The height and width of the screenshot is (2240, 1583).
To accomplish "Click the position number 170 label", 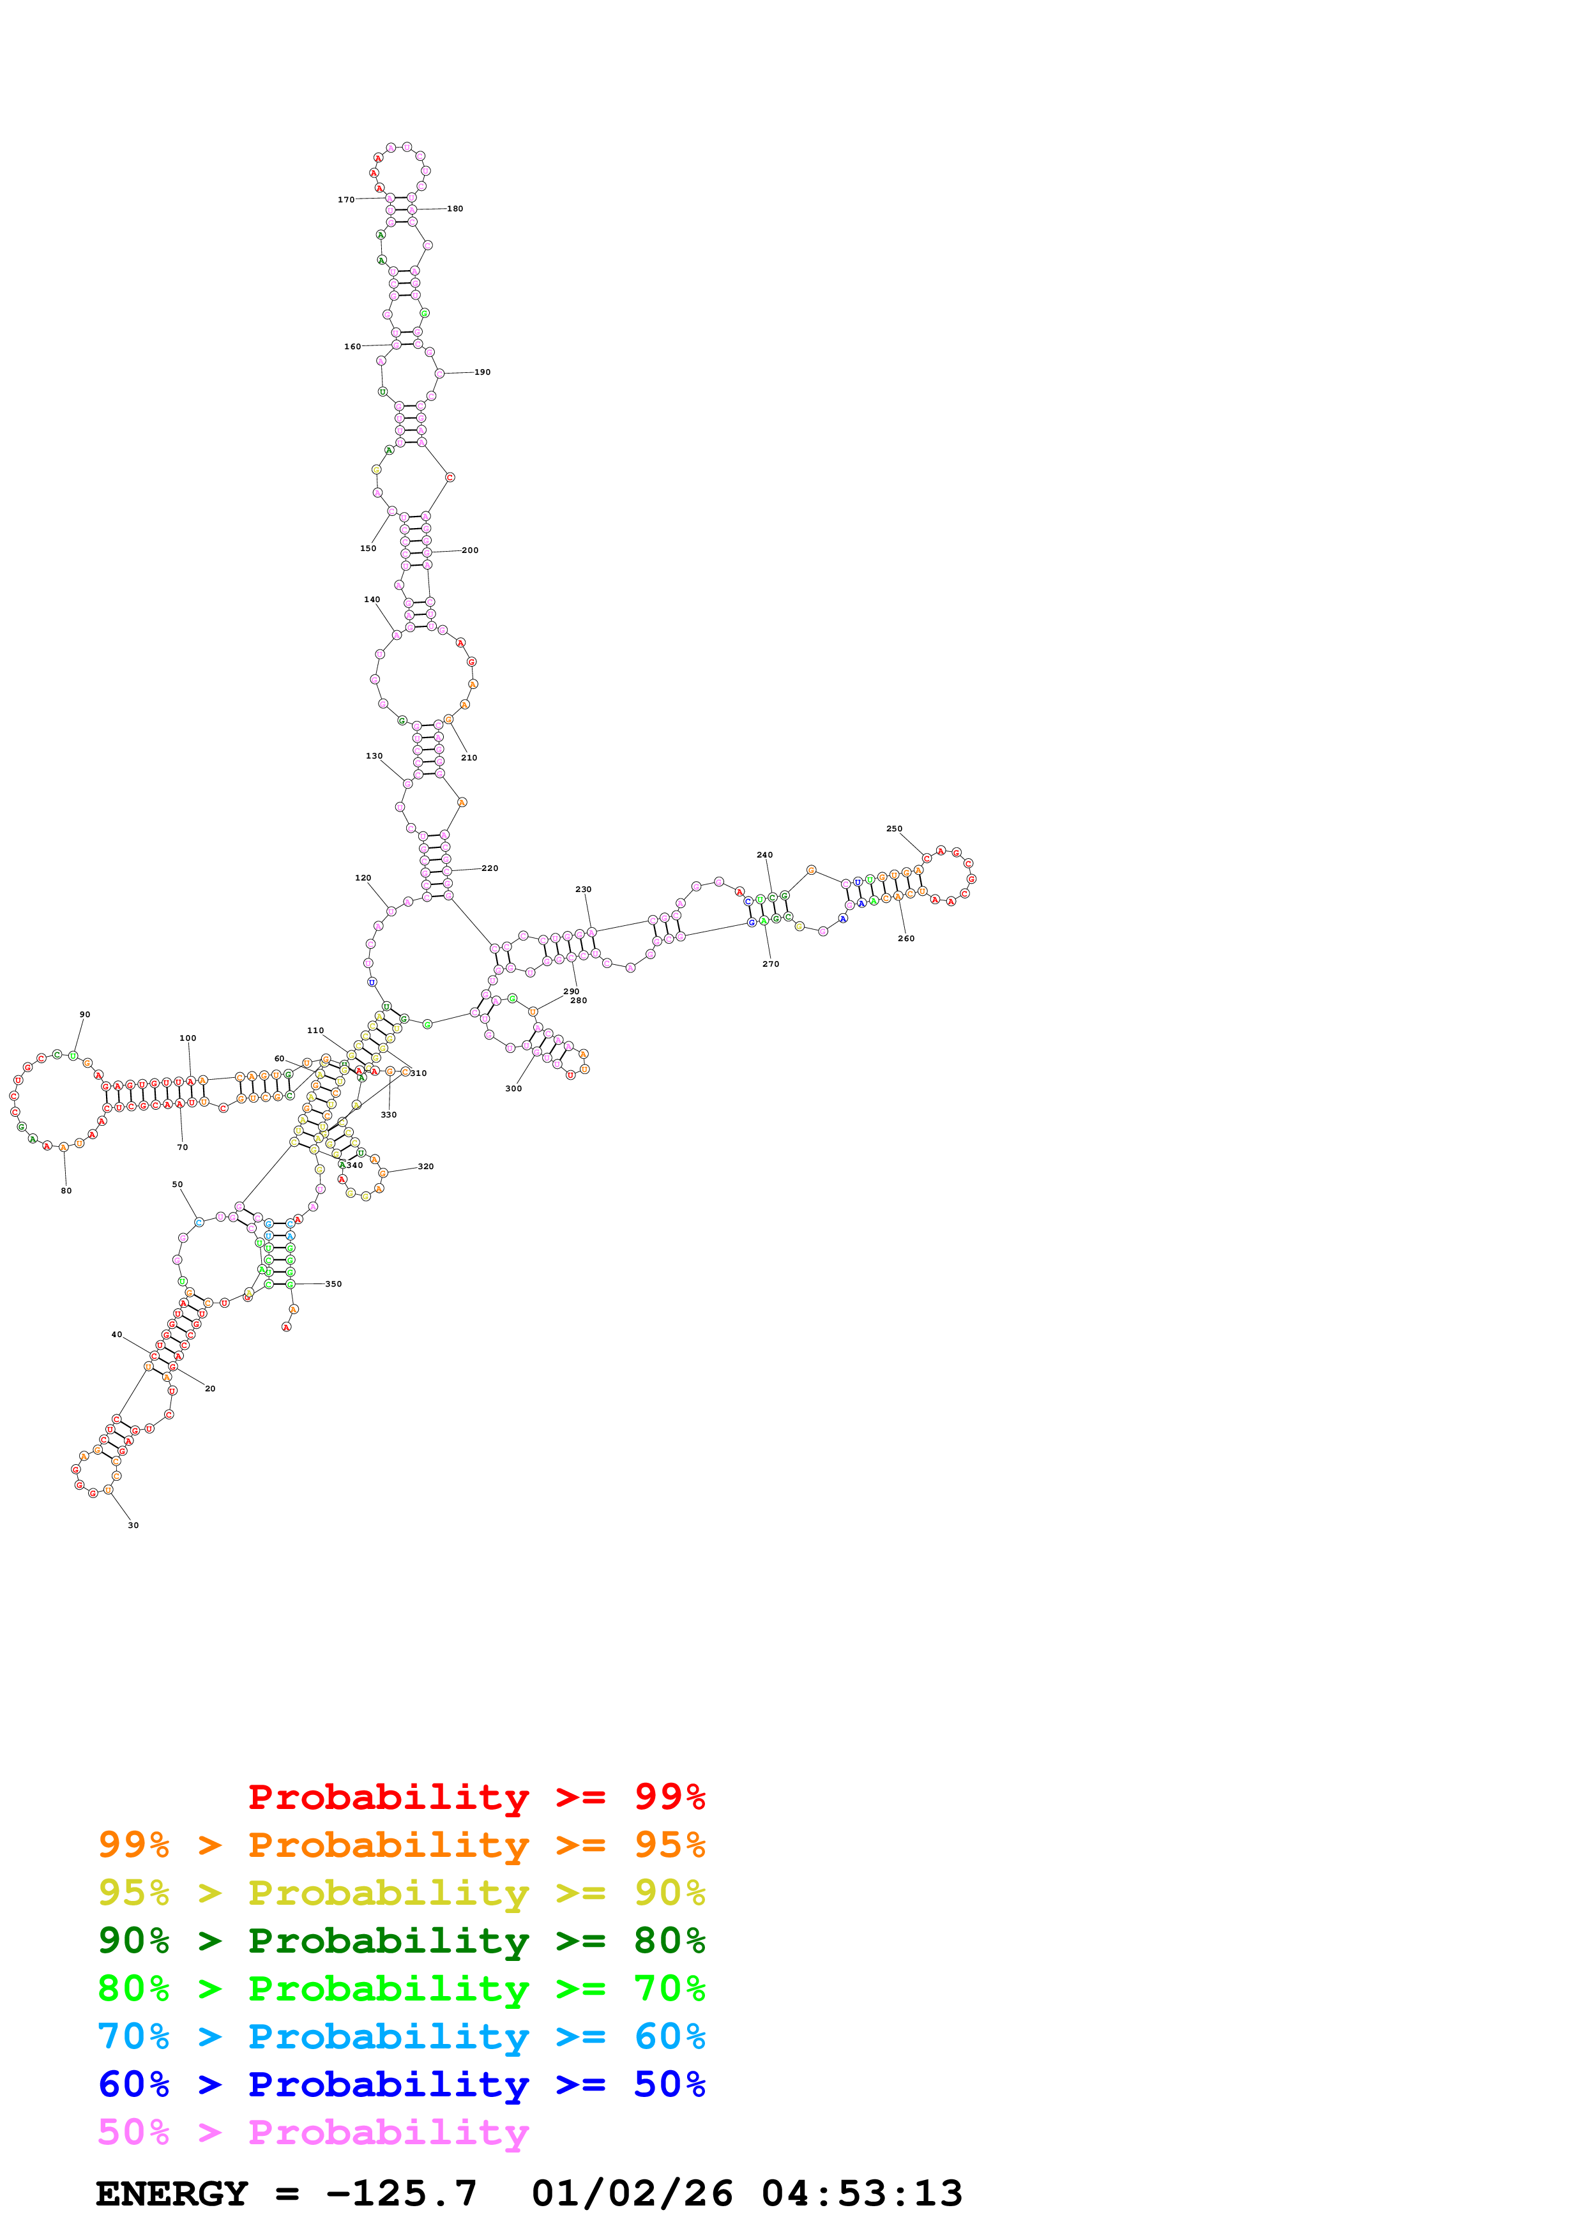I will (x=346, y=200).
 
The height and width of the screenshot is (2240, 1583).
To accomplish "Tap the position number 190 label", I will (x=482, y=373).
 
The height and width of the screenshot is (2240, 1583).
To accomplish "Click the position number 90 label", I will (x=85, y=1015).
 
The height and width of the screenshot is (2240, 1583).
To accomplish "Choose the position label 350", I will (x=333, y=1284).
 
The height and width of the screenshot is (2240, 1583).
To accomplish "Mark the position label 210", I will (x=469, y=758).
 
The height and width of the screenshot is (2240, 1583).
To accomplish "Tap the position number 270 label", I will (x=771, y=964).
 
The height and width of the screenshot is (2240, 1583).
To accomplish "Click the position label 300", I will (x=513, y=1089).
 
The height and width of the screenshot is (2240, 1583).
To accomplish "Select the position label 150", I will (x=368, y=549).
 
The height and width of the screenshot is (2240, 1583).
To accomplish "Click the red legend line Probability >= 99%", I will (x=476, y=1797).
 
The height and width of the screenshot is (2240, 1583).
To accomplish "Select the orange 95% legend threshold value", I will (x=669, y=1845).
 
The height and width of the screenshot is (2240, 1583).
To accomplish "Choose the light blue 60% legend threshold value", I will (x=669, y=2037).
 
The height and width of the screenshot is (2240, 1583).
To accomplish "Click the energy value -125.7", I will (x=401, y=2194).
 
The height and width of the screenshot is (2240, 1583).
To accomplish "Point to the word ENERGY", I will (x=172, y=2194).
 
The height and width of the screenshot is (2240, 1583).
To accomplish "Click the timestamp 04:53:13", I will (x=862, y=2194).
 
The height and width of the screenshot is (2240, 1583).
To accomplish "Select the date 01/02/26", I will (x=632, y=2194).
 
